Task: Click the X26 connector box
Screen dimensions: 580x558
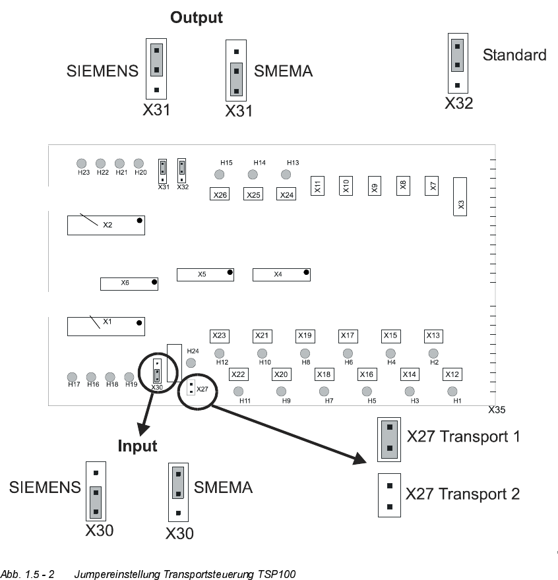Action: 220,194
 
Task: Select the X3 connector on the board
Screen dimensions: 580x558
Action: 460,196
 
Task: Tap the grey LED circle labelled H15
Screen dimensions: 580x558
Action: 220,174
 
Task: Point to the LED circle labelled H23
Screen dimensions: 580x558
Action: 82,163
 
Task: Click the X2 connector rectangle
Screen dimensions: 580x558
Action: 106,225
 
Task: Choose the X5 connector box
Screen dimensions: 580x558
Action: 205,274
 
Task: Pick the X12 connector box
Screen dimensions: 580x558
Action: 452,374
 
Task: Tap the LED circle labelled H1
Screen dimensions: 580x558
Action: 452,391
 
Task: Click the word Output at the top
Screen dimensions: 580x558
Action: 197,18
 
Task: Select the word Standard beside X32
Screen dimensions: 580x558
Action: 514,55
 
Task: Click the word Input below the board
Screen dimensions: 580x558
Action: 137,446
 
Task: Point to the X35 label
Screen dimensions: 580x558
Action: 497,410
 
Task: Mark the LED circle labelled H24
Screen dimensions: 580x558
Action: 191,362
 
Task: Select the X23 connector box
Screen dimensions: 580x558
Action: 219,335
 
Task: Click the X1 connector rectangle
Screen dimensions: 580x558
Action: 106,326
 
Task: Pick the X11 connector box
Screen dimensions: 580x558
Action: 317,187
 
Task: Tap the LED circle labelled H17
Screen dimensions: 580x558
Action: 73,377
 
